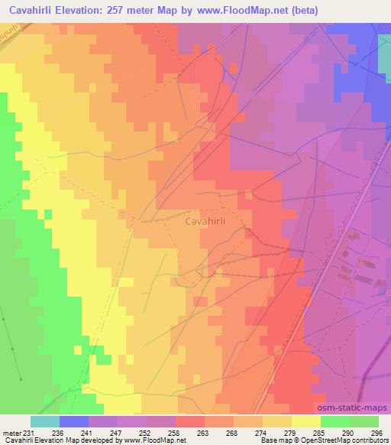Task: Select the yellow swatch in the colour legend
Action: click(x=306, y=421)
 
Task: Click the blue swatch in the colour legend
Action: click(x=74, y=421)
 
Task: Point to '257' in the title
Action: click(x=121, y=10)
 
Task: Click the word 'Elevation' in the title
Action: click(x=79, y=10)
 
